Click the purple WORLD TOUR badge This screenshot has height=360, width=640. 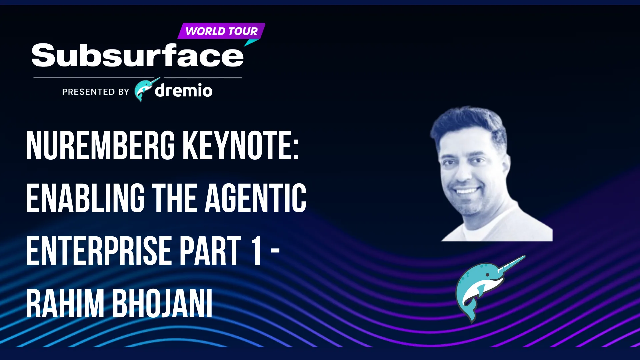tap(221, 31)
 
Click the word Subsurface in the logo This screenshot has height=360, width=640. tap(138, 55)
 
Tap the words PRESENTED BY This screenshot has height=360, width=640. tap(96, 92)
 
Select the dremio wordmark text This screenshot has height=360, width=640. tap(183, 90)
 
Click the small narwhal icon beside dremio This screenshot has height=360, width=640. tap(146, 89)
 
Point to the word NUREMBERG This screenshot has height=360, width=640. tap(100, 145)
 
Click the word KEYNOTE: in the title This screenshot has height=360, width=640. tap(241, 145)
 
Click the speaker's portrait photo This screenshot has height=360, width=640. tap(491, 174)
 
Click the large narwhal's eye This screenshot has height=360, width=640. tap(487, 275)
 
